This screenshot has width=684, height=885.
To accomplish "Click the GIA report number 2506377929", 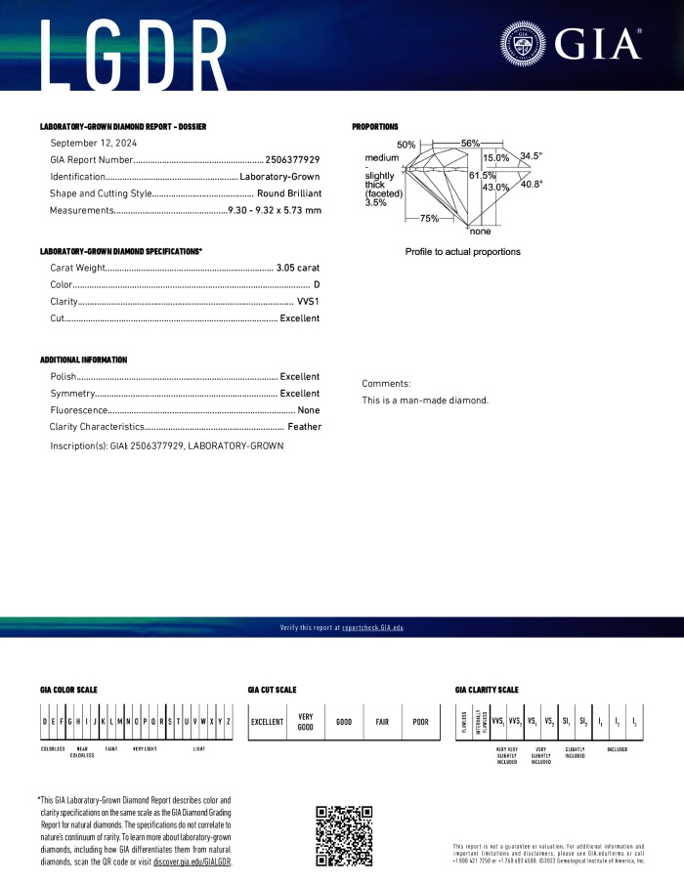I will (293, 159).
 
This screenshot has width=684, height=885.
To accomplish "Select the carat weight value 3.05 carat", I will (298, 267).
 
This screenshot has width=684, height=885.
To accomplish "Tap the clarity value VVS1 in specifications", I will (308, 302).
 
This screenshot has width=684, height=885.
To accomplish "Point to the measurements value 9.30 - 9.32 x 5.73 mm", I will (274, 211).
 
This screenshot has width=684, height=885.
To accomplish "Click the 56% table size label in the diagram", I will (470, 144).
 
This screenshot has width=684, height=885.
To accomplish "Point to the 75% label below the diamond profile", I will (429, 219).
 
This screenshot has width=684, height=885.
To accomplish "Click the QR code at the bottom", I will (345, 835).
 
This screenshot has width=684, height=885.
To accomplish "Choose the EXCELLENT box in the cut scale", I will (267, 722).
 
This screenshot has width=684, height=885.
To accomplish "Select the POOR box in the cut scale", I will (420, 722).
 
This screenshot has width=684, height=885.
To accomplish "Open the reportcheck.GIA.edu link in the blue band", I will (379, 627).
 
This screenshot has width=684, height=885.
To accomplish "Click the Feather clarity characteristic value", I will (304, 427).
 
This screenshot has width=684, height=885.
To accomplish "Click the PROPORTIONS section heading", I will (375, 127).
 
